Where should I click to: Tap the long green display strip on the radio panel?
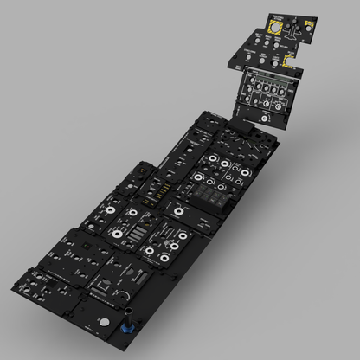[x=267, y=86]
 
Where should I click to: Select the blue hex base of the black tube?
[x=132, y=331]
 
